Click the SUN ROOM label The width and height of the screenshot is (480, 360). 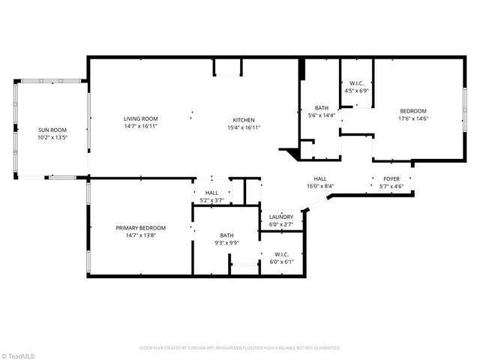pos(52,130)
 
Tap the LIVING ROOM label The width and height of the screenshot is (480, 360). pos(141,118)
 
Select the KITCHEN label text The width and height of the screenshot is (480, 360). pos(244,120)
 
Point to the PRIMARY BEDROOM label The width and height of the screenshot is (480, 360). pos(141,228)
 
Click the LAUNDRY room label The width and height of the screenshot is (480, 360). pos(281,217)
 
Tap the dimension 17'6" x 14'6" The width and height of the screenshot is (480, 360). pos(412,118)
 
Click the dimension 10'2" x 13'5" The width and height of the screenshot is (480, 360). pos(52,137)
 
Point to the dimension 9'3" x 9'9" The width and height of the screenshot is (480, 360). pos(226,243)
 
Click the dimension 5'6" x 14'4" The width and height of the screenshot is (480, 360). pos(322,115)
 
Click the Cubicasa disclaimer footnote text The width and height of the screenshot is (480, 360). pos(240,348)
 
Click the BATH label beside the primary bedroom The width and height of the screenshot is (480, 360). pos(226,235)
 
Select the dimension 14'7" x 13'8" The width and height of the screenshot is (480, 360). pos(141,235)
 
